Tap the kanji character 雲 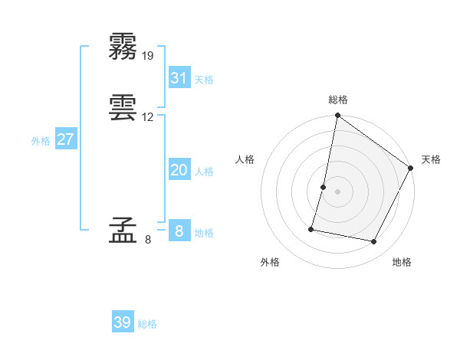click(123, 106)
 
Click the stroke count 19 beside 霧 click(148, 56)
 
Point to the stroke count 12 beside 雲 click(148, 117)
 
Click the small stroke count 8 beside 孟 click(148, 240)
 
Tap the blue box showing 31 click(179, 77)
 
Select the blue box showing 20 click(179, 170)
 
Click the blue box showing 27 click(66, 139)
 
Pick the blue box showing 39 click(123, 322)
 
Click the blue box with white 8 click(179, 231)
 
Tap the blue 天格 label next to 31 click(204, 80)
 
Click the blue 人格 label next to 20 click(204, 172)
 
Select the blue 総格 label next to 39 click(147, 324)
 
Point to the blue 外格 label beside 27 click(41, 141)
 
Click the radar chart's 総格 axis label click(338, 100)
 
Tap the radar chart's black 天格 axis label click(431, 159)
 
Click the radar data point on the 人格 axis click(324, 187)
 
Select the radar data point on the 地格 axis click(374, 242)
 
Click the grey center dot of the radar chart click(338, 191)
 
